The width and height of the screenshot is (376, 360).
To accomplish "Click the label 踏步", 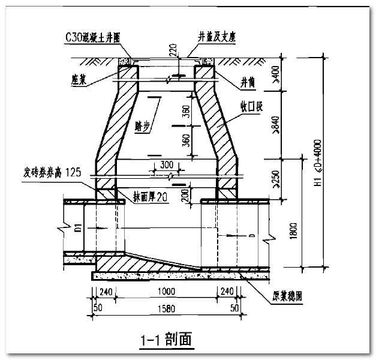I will point(142,125).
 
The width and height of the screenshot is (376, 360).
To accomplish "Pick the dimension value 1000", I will point(165,292).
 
